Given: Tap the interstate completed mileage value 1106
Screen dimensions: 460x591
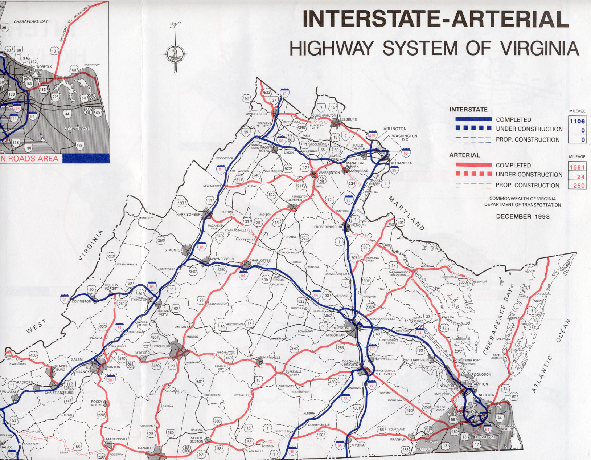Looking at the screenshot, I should coord(577,121).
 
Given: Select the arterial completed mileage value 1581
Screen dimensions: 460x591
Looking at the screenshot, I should coord(577,167).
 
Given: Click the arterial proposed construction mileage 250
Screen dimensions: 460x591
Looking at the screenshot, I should coord(579,186).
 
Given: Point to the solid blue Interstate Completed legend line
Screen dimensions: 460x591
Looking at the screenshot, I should coord(473,119).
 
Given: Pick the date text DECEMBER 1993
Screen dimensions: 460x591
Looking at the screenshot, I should coord(522,216).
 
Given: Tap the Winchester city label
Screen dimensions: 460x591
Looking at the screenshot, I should coord(256,114).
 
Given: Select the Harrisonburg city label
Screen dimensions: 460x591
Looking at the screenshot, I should coord(189,215).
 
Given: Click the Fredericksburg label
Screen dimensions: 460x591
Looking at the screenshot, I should coord(328,227).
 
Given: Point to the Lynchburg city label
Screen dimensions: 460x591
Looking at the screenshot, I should coord(161,346).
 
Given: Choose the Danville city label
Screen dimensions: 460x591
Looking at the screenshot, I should coord(145,448).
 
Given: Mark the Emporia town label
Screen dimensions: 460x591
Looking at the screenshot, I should coord(357,445).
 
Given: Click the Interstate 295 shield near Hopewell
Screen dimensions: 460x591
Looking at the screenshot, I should coord(372,348).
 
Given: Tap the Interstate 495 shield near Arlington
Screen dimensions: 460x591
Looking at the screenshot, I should coord(372,135).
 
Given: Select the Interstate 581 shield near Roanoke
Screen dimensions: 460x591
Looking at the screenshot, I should coord(111,379).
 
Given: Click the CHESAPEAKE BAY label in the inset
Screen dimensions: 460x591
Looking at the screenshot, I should coord(31,21).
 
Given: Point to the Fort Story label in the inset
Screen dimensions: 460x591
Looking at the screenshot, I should coord(92,65).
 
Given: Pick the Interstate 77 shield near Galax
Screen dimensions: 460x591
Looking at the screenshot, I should coord(12,455).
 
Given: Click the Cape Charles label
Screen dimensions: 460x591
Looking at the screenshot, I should coord(496,357).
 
